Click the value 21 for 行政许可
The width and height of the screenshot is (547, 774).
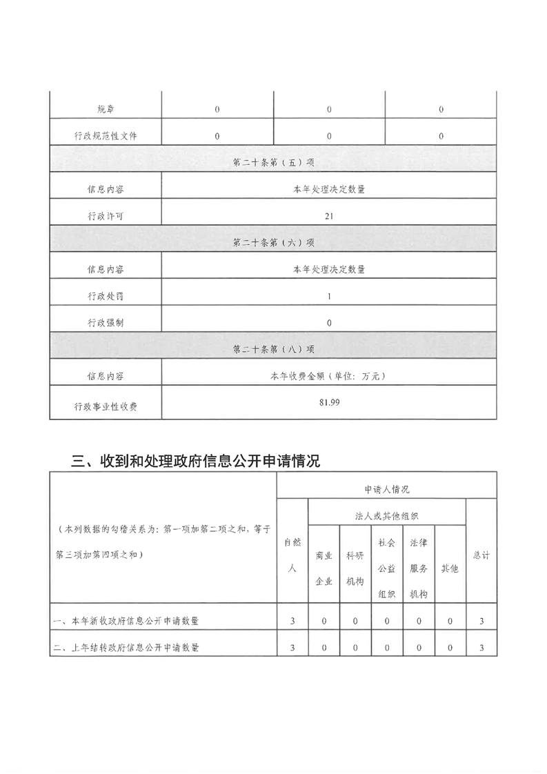pyautogui.click(x=329, y=216)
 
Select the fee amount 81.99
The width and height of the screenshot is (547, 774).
pyautogui.click(x=329, y=402)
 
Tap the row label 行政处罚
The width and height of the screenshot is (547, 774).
pyautogui.click(x=106, y=296)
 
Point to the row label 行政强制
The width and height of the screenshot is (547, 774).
pyautogui.click(x=106, y=322)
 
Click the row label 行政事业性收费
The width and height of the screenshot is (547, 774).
pyautogui.click(x=106, y=406)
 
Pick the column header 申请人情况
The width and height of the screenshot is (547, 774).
pyautogui.click(x=386, y=488)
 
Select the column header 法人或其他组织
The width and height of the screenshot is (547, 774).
pyautogui.click(x=387, y=515)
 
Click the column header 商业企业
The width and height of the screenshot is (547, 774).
pyautogui.click(x=324, y=568)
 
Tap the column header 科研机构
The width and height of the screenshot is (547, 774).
pyautogui.click(x=355, y=568)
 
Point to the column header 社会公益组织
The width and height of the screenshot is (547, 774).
pyautogui.click(x=387, y=568)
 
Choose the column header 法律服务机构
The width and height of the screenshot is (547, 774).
pyautogui.click(x=419, y=568)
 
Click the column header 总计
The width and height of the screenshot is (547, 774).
pyautogui.click(x=481, y=555)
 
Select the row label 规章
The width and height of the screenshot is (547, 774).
pyautogui.click(x=106, y=110)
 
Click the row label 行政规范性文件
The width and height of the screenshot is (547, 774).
pyautogui.click(x=106, y=136)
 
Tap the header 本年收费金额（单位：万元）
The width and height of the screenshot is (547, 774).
pyautogui.click(x=329, y=376)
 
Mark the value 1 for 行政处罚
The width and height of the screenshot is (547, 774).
pyautogui.click(x=329, y=296)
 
